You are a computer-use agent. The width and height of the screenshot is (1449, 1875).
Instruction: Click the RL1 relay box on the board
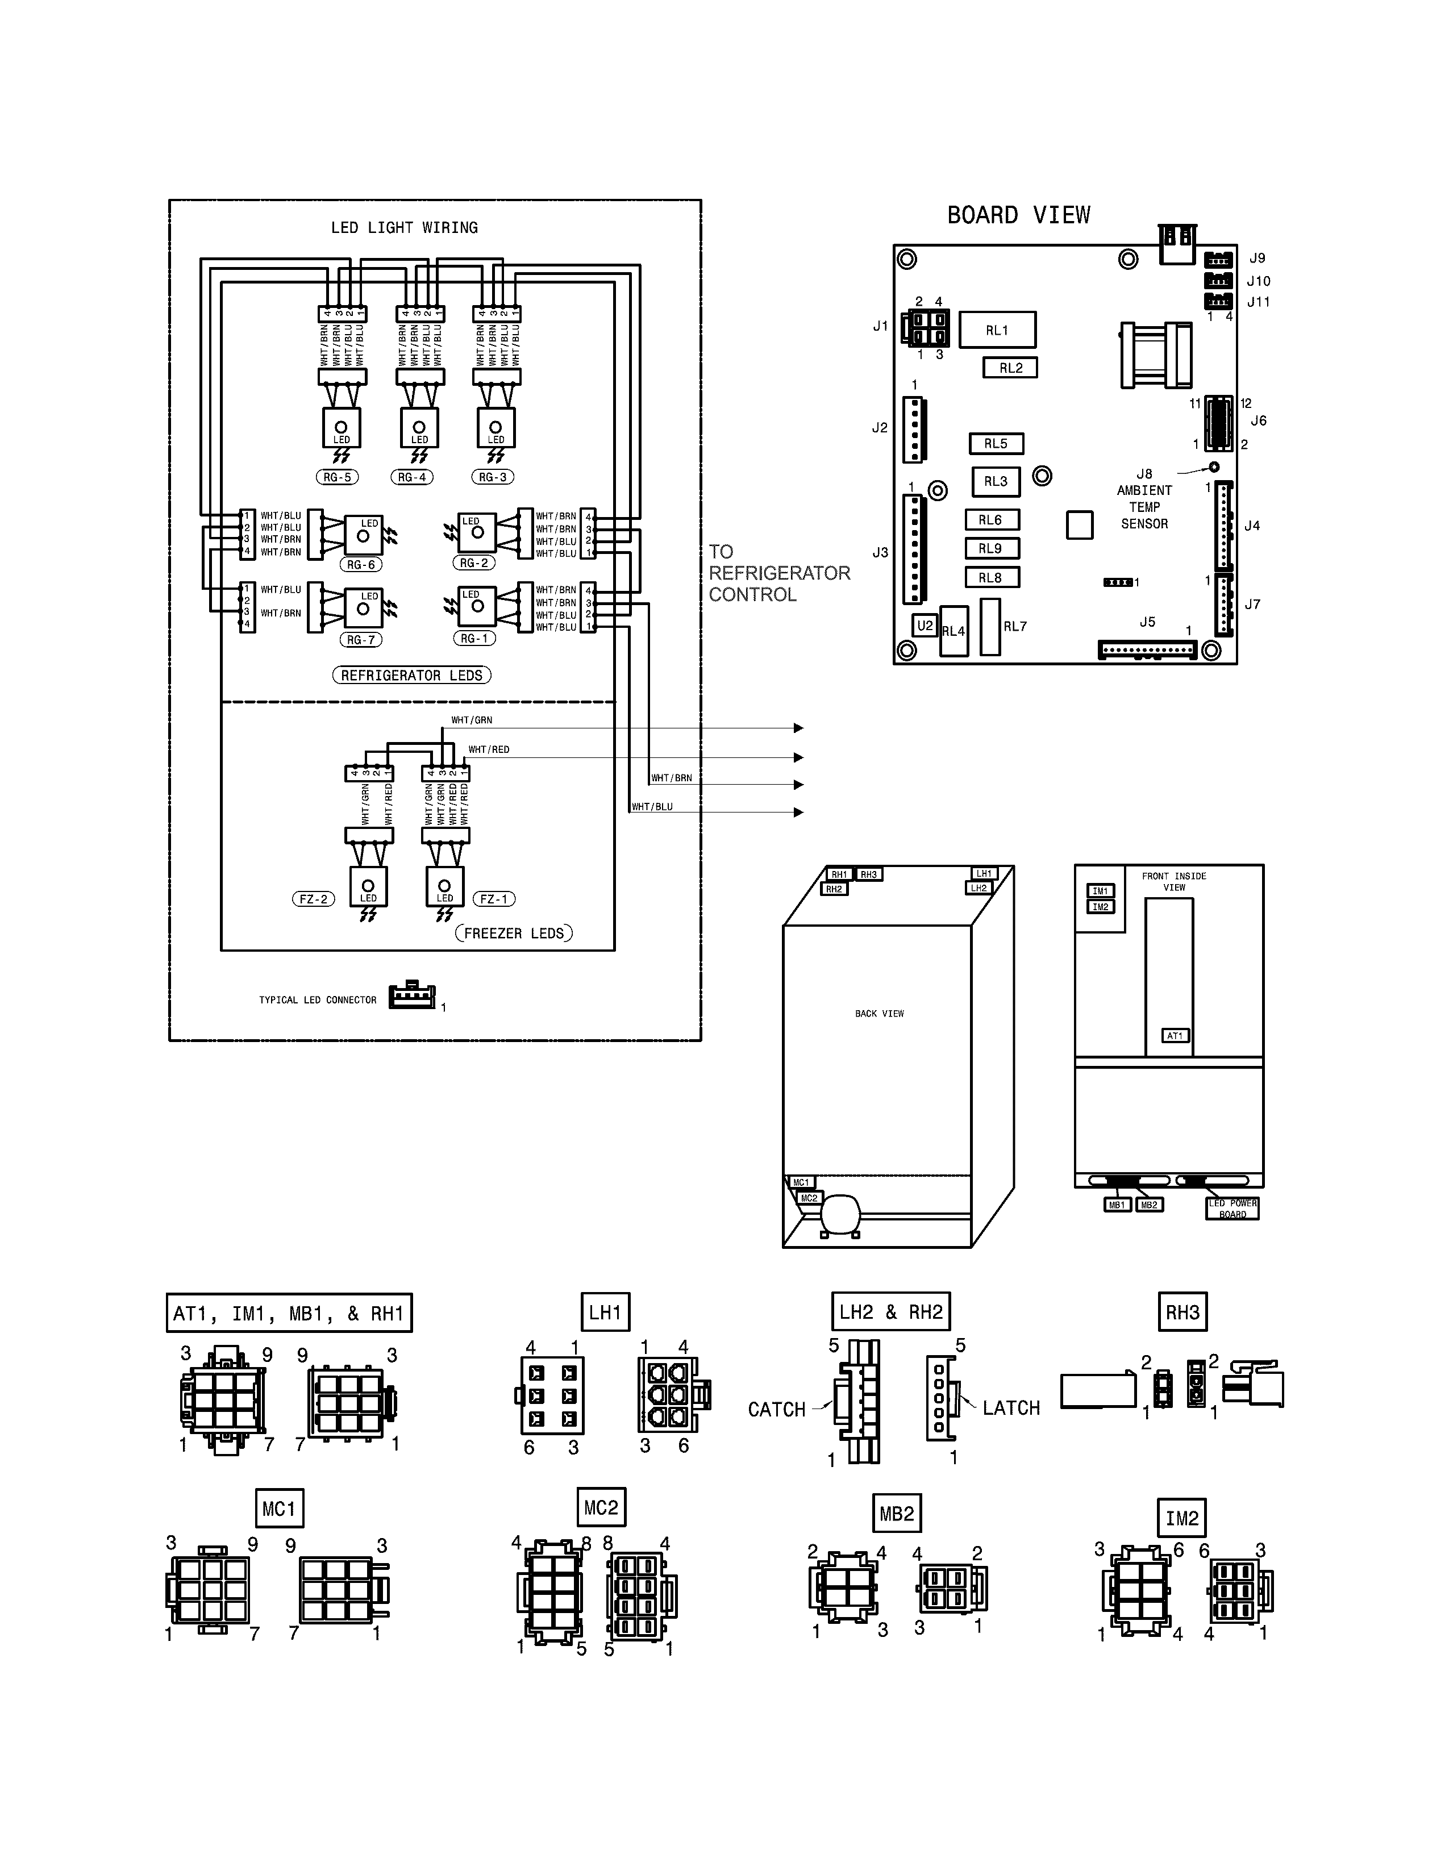[x=997, y=330]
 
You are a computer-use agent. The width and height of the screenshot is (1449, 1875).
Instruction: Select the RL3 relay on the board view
[x=996, y=482]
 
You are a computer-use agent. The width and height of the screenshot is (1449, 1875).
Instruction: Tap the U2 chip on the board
[x=925, y=626]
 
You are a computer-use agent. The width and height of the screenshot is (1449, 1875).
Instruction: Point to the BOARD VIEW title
[x=1018, y=215]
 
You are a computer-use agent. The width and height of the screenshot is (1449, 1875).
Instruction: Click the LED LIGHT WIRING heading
[x=405, y=227]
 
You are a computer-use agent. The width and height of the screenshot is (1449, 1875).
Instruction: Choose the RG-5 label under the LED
[x=336, y=477]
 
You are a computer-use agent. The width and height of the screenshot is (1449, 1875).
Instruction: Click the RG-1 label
[x=474, y=639]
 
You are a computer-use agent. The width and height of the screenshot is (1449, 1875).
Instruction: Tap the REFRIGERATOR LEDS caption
[x=411, y=676]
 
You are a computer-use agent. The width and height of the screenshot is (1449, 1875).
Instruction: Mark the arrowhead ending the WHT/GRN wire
[x=798, y=728]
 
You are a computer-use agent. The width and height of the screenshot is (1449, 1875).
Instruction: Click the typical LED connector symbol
[x=412, y=996]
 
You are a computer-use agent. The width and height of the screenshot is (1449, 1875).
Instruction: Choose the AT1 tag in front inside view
[x=1175, y=1036]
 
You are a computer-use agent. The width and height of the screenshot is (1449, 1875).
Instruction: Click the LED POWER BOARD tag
[x=1232, y=1209]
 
